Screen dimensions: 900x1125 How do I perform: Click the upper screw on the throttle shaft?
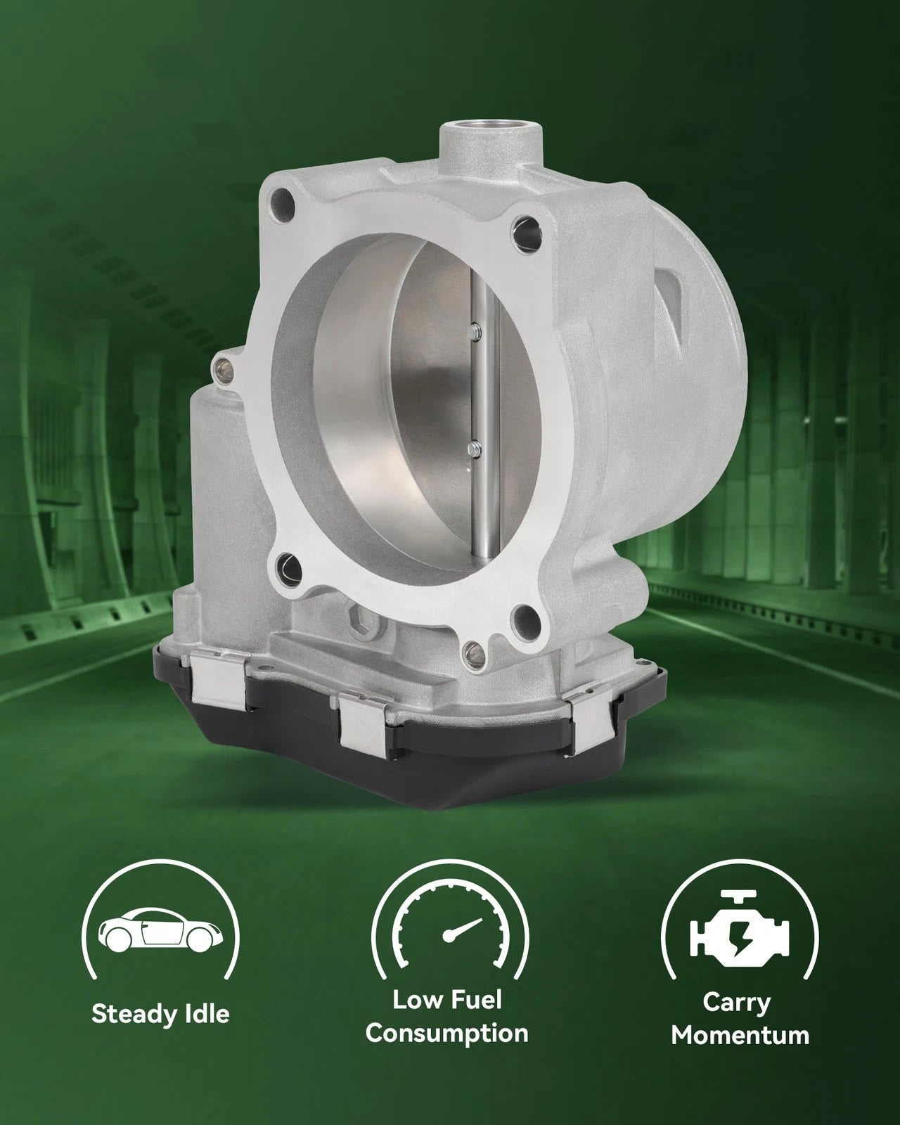click(x=475, y=330)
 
